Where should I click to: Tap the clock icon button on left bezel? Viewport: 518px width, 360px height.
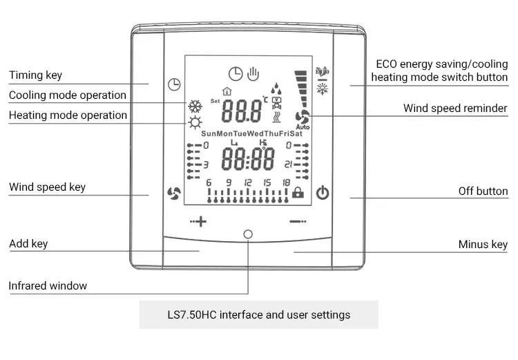click(174, 85)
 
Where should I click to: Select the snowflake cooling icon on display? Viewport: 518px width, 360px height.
click(195, 106)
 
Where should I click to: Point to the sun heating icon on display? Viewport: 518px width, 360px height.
click(195, 124)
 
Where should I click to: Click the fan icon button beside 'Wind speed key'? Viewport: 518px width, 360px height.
click(174, 193)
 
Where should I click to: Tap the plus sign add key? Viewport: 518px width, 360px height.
click(199, 222)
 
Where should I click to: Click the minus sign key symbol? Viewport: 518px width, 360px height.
click(297, 222)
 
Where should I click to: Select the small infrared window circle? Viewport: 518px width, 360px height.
click(248, 234)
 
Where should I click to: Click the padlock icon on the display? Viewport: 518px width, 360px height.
click(298, 193)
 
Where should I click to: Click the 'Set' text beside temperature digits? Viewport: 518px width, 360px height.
click(215, 101)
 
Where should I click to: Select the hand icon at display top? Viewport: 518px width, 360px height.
click(253, 73)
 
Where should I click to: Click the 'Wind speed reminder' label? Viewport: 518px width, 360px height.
click(455, 108)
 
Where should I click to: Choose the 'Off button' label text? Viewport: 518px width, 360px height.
click(483, 191)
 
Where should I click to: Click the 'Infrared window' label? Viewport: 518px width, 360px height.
click(48, 285)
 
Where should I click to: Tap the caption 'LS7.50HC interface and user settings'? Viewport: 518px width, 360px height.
click(259, 314)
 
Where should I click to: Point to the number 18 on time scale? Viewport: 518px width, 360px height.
click(286, 182)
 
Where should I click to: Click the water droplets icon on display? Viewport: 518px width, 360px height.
click(276, 89)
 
